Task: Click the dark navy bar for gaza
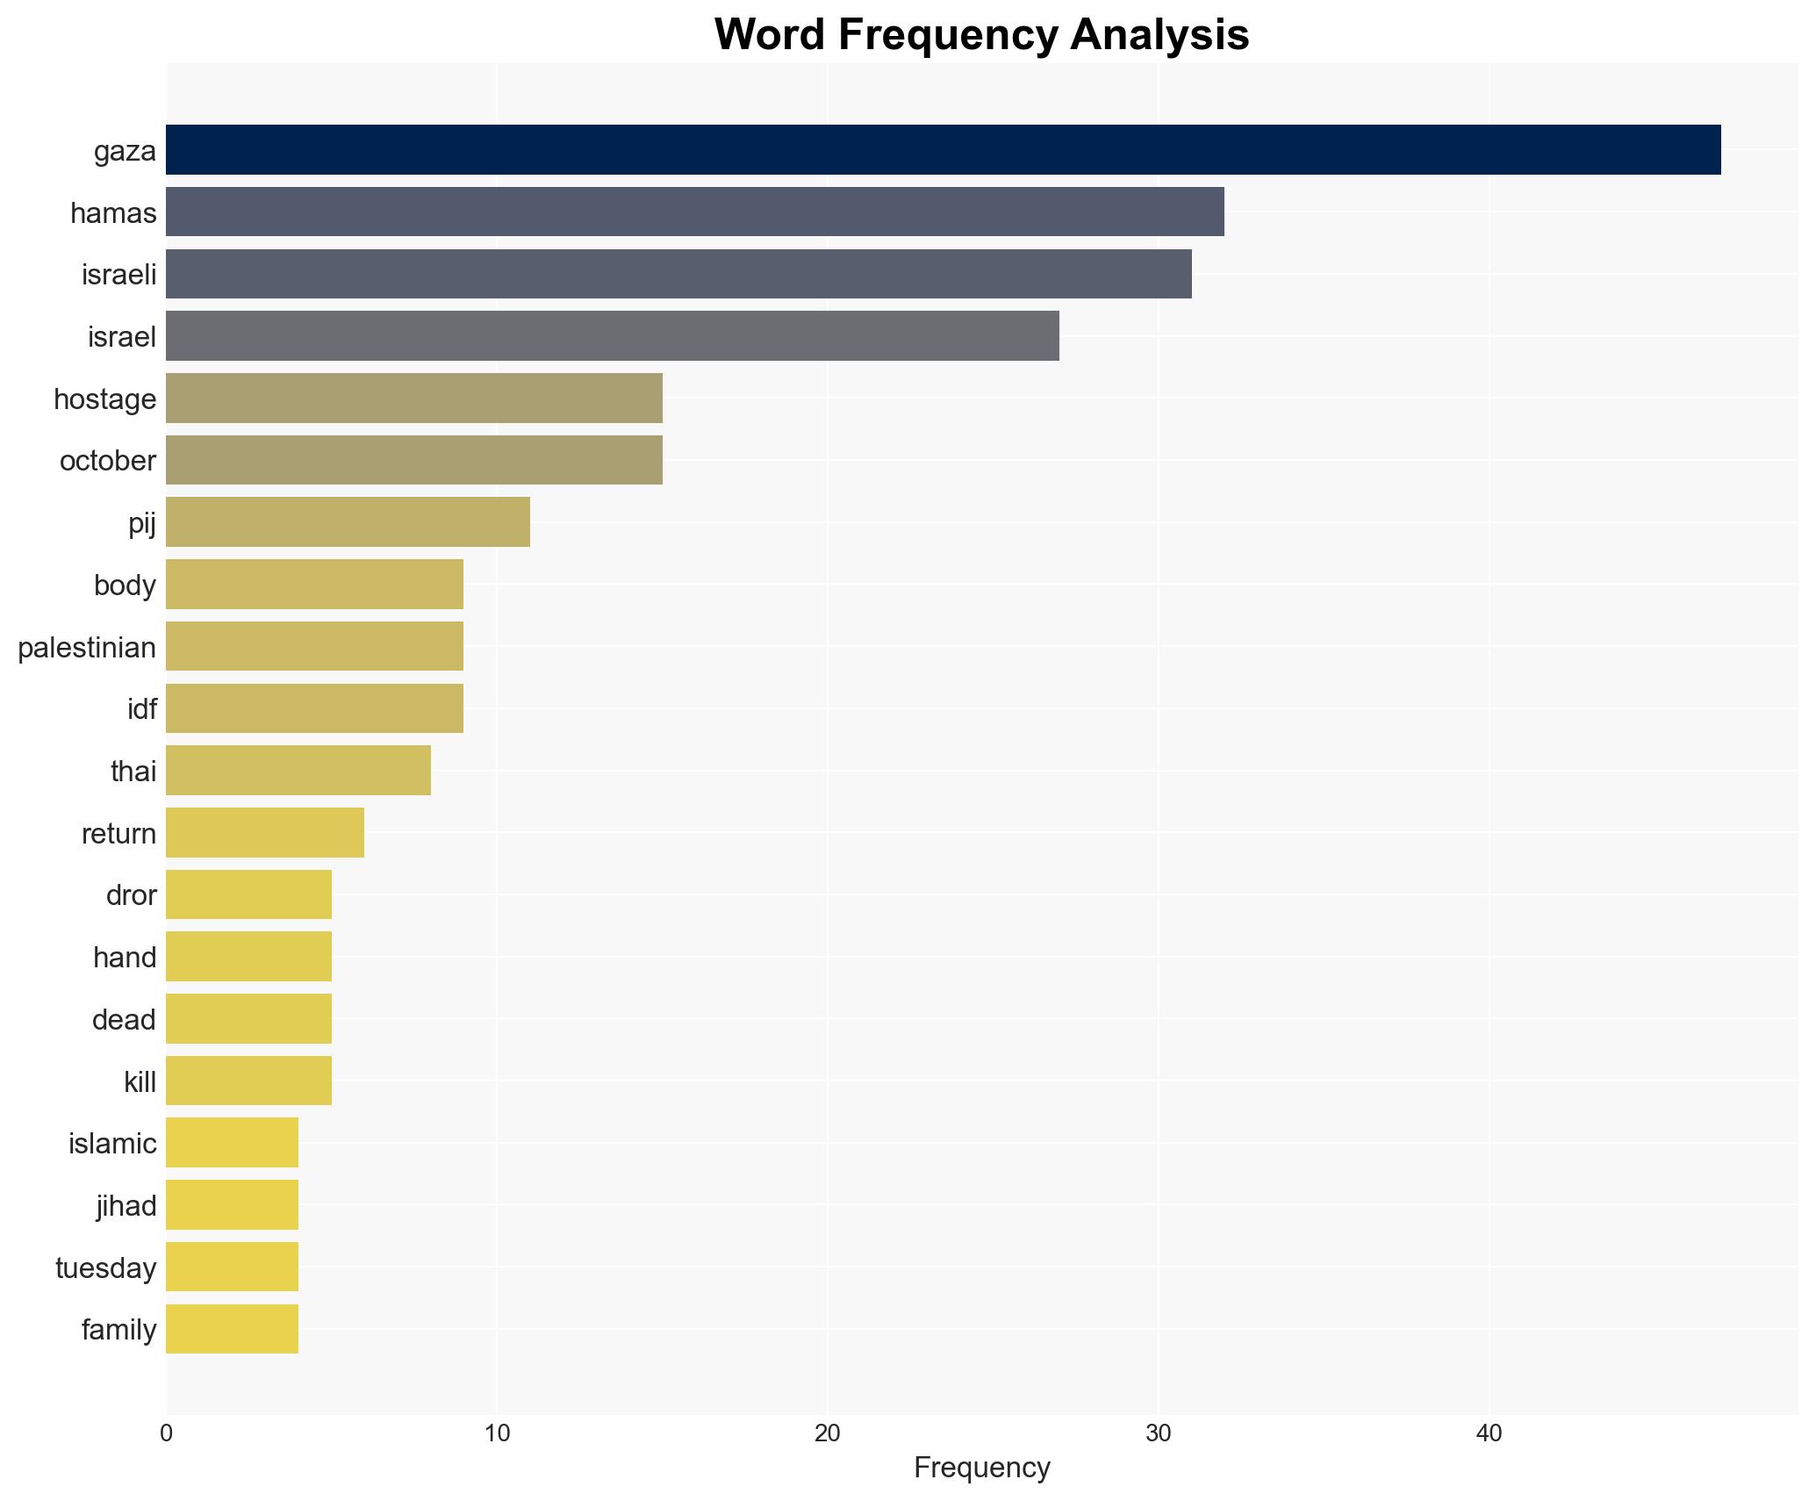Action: tap(943, 150)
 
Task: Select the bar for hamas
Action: tap(694, 212)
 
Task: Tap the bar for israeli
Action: tap(678, 274)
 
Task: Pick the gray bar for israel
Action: tap(612, 336)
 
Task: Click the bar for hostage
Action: tap(413, 399)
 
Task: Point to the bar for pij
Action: tap(348, 522)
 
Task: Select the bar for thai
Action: tap(298, 771)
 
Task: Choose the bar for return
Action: tap(264, 833)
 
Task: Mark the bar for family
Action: tap(232, 1329)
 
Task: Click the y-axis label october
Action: tap(107, 461)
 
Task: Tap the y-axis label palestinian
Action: tap(87, 648)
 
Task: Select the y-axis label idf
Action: tap(141, 709)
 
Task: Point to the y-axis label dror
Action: tap(131, 895)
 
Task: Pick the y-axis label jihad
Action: tap(126, 1206)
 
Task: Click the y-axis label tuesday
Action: tap(105, 1268)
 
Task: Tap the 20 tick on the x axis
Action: tap(827, 1433)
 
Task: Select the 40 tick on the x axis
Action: tap(1489, 1433)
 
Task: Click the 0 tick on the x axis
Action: tap(166, 1433)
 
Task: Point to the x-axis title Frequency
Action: tap(981, 1468)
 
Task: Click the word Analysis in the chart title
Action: tap(1159, 35)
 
